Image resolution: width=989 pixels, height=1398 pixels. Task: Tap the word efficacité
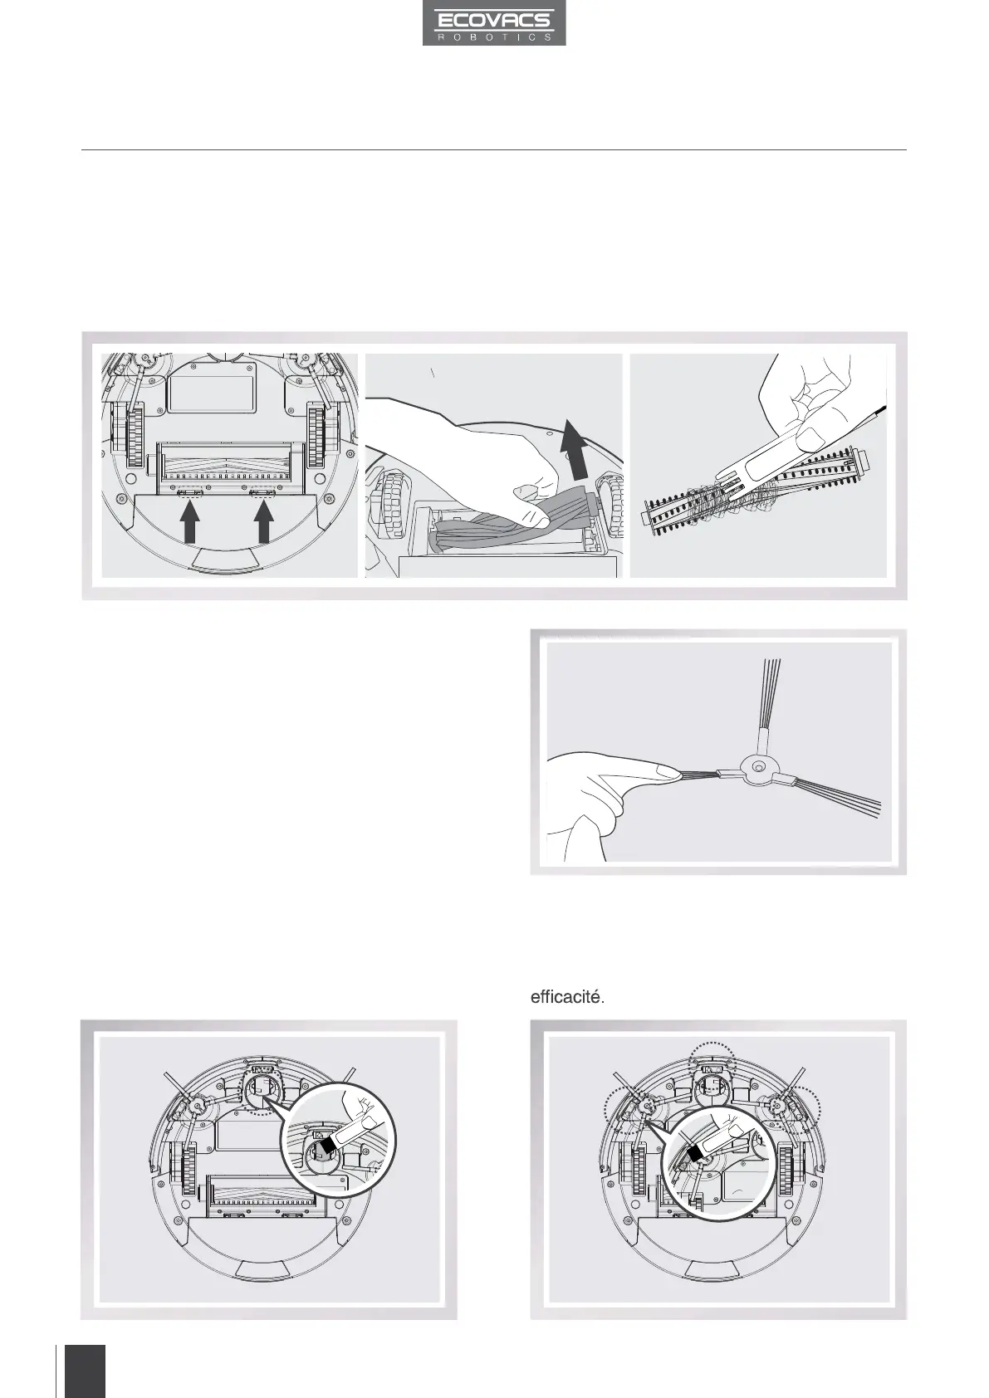(567, 997)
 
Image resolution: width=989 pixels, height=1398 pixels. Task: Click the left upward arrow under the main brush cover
(190, 525)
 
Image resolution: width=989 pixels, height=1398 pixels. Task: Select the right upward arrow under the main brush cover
(264, 525)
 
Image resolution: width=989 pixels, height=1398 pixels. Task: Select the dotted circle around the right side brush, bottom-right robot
(797, 1104)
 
